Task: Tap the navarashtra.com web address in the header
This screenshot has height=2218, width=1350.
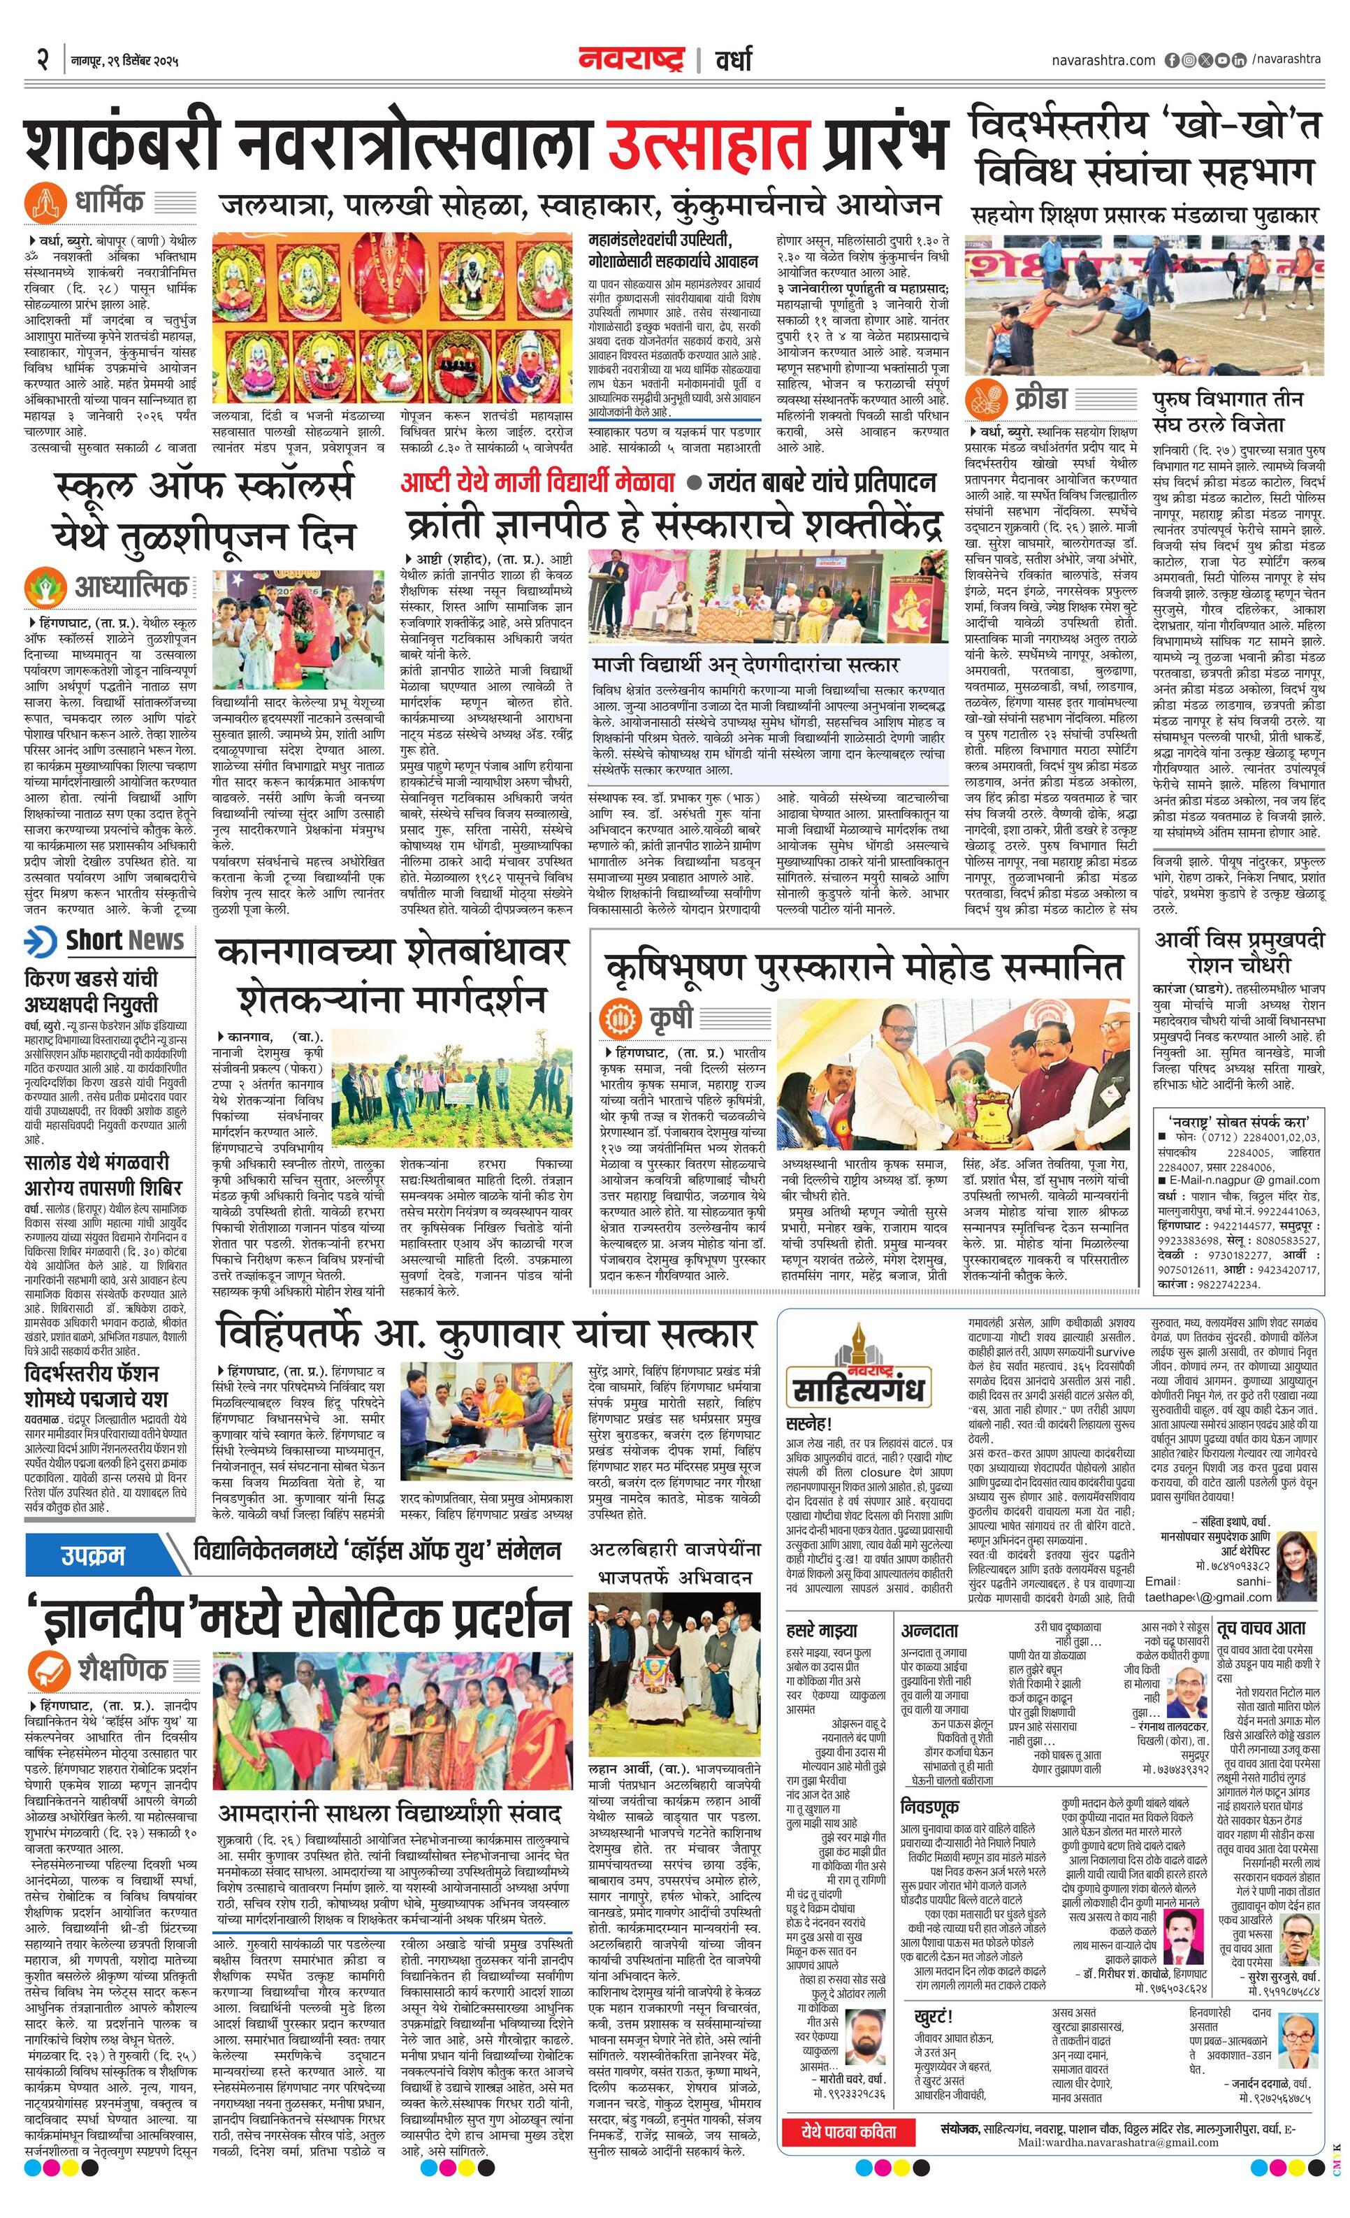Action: pyautogui.click(x=1103, y=60)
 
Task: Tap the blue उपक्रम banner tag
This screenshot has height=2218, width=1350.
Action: pyautogui.click(x=94, y=1555)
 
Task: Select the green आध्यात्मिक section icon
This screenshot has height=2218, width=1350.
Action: pyautogui.click(x=44, y=588)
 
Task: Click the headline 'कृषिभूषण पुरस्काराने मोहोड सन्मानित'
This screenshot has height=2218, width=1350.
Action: pyautogui.click(x=864, y=967)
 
